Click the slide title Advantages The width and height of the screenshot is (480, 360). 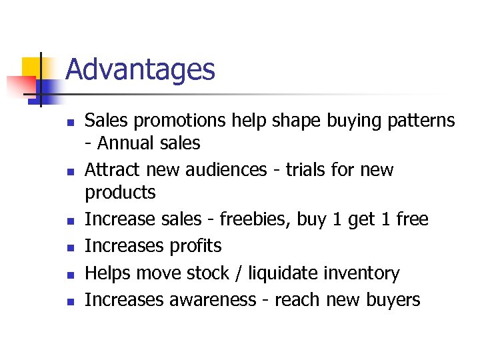[140, 70]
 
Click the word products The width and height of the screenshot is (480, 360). [120, 193]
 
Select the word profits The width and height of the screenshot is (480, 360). [194, 246]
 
